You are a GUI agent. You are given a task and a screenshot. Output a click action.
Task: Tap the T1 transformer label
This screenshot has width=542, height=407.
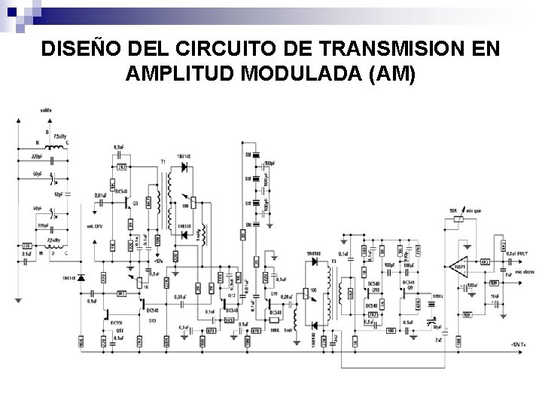162,162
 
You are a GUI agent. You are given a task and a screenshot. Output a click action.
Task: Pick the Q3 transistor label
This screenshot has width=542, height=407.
135,203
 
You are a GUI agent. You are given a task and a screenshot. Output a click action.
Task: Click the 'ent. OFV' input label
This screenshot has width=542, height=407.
95,227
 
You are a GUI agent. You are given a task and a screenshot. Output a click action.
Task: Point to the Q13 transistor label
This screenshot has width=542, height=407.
152,320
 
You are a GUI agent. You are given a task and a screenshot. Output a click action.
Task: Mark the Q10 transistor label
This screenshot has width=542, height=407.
373,288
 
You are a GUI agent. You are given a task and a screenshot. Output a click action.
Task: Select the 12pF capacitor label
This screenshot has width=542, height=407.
58,194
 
